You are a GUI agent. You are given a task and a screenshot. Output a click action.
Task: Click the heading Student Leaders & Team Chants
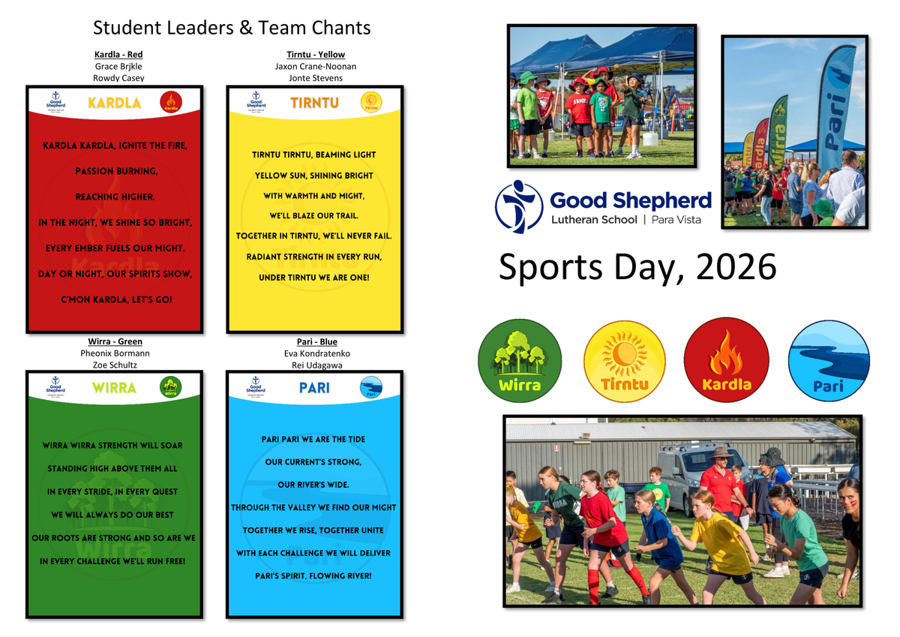[232, 28]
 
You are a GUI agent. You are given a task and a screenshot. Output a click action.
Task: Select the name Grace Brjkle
[118, 66]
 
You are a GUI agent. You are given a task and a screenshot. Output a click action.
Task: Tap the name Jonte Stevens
[316, 78]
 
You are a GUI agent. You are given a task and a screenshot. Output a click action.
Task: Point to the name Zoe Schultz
[115, 365]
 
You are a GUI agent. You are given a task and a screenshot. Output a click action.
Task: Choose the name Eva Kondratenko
[317, 353]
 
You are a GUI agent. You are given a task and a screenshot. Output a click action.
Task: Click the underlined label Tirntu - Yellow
[316, 55]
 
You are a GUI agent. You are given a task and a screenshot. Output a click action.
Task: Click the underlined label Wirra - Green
[115, 341]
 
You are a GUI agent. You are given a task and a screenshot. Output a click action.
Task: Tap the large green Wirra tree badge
[520, 360]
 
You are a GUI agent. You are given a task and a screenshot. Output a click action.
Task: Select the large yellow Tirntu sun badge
[624, 362]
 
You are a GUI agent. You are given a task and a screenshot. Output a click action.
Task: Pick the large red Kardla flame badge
[727, 359]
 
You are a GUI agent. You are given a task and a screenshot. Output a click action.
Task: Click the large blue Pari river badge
[829, 360]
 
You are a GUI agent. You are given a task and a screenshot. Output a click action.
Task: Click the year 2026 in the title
[736, 267]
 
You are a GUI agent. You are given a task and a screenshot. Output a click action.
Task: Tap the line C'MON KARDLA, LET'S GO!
[116, 300]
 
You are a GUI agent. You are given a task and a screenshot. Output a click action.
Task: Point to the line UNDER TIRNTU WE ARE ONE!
[313, 278]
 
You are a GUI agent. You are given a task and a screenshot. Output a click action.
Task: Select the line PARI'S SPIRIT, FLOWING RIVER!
[313, 576]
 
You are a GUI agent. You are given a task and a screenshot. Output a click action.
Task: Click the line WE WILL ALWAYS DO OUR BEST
[112, 515]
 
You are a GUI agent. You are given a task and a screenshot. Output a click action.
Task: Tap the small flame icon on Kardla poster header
[171, 102]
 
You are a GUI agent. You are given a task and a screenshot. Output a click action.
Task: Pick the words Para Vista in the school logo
[676, 220]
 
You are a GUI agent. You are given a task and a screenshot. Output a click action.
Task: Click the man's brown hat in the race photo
[721, 453]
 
